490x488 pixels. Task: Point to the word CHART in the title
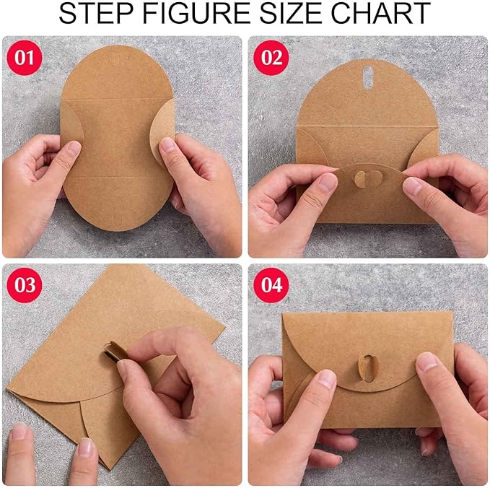(382, 14)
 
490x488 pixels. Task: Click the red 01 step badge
(24, 58)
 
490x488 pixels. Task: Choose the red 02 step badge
(271, 58)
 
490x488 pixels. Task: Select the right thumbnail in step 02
(412, 186)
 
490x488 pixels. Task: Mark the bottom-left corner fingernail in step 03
(19, 432)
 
